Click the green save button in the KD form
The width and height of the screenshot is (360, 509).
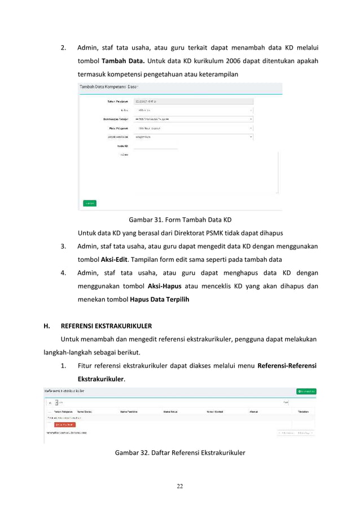89,203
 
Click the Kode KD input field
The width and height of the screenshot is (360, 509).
155,146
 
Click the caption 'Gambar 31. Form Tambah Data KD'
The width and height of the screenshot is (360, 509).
180,219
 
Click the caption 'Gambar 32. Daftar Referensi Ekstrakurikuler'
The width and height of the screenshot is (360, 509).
180,452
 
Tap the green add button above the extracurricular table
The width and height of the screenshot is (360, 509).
306,391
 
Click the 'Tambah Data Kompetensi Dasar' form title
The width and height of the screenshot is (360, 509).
108,87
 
